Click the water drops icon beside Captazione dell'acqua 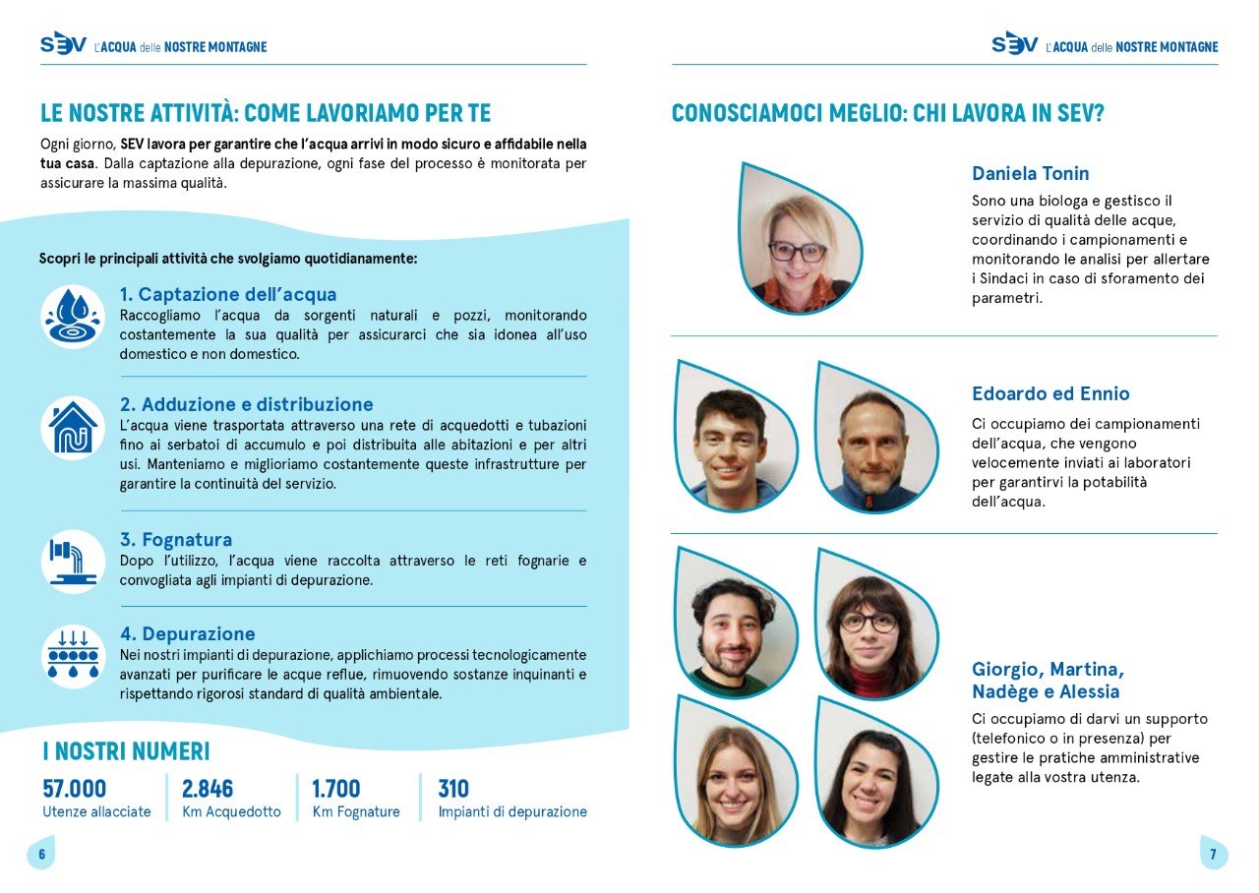click(73, 317)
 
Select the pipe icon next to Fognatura click(73, 561)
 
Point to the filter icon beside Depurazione click(73, 655)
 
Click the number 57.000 click(75, 789)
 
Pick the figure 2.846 click(208, 789)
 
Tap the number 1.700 click(336, 789)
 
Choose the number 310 click(453, 789)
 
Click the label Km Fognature click(356, 812)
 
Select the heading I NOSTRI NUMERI click(126, 751)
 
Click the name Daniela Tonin click(1030, 174)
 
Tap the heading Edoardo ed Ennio click(1050, 393)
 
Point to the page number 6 click(41, 854)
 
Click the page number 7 click(1213, 854)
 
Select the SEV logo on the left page click(63, 44)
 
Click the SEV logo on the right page click(1014, 44)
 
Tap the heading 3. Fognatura click(176, 539)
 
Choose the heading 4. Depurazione click(187, 633)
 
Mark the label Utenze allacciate click(96, 812)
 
